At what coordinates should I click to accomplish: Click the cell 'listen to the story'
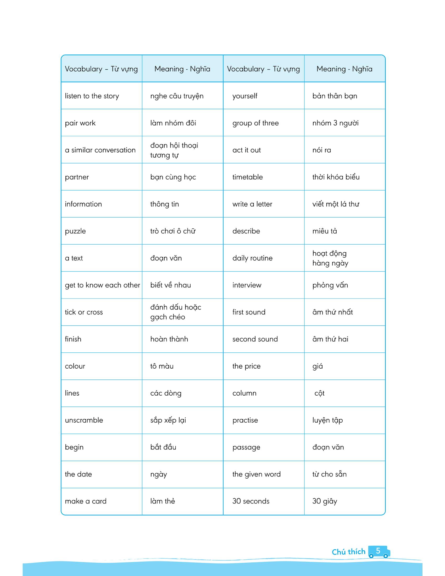point(92,96)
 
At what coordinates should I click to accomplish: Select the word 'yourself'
point(245,96)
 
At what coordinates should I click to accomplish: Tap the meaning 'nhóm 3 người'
point(335,123)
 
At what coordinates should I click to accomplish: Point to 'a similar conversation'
point(100,150)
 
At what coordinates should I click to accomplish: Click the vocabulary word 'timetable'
point(248,177)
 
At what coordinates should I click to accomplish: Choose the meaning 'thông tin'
point(164,204)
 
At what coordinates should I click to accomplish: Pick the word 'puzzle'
point(75,231)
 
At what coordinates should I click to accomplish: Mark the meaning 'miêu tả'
point(325,231)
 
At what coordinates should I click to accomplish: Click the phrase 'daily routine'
point(252,258)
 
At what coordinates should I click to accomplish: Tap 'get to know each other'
point(102,285)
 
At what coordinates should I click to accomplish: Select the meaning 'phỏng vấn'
point(330,285)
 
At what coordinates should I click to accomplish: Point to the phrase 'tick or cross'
point(84,312)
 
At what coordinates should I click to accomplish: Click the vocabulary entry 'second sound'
point(255,339)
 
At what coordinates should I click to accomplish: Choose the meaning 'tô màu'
point(162,366)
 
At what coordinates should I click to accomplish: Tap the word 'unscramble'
point(84,420)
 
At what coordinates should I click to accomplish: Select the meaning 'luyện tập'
point(327,420)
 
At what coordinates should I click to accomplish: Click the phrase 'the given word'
point(256,474)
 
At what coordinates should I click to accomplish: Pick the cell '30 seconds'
point(251,501)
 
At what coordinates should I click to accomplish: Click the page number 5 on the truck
point(378,551)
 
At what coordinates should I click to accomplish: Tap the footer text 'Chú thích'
point(348,552)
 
